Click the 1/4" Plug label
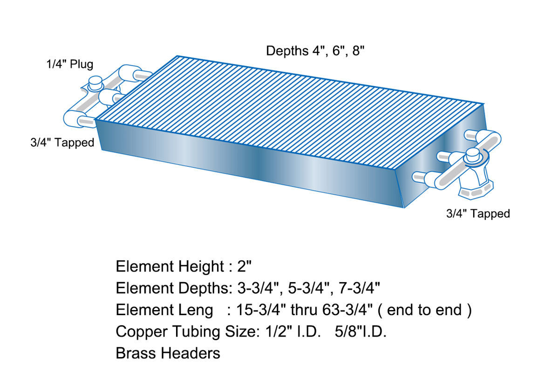coord(69,64)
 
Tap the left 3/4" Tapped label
coord(62,143)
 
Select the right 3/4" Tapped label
coord(478,214)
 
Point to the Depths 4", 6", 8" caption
coord(314,51)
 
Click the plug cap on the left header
coord(96,83)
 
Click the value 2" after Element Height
coord(244,267)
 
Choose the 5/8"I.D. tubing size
coord(360,332)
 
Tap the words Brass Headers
coord(168,353)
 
